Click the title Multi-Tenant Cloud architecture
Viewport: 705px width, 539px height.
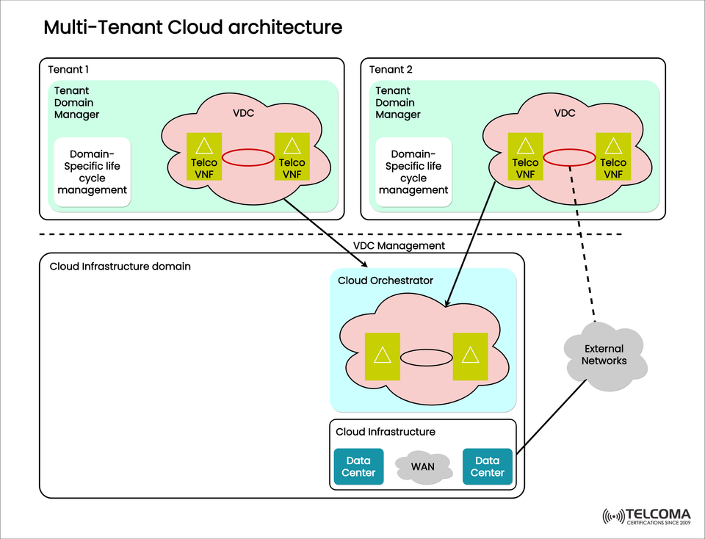(x=192, y=28)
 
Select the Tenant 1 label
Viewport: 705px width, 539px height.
(x=68, y=70)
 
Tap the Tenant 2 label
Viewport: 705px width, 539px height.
(x=391, y=70)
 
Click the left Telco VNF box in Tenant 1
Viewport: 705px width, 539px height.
(x=204, y=157)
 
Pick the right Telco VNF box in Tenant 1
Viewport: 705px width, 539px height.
(x=292, y=157)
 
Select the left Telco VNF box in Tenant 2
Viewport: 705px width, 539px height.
(x=525, y=157)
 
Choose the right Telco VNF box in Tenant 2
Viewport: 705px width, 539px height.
(x=613, y=157)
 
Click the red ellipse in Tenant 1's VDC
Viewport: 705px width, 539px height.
(x=248, y=157)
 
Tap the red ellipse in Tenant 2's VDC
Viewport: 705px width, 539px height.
(x=569, y=157)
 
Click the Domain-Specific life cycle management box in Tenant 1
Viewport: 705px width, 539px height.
(x=93, y=172)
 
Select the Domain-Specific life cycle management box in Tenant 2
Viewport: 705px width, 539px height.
(x=413, y=172)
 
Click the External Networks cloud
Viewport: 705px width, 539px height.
(x=604, y=355)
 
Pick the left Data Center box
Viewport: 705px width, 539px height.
(x=359, y=467)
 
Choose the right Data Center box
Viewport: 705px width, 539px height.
(x=487, y=467)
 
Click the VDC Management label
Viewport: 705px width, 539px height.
(x=399, y=246)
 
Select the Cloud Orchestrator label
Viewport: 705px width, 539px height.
(x=386, y=281)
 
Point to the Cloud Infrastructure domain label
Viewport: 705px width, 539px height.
(x=120, y=266)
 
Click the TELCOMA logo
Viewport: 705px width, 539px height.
(x=646, y=516)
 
